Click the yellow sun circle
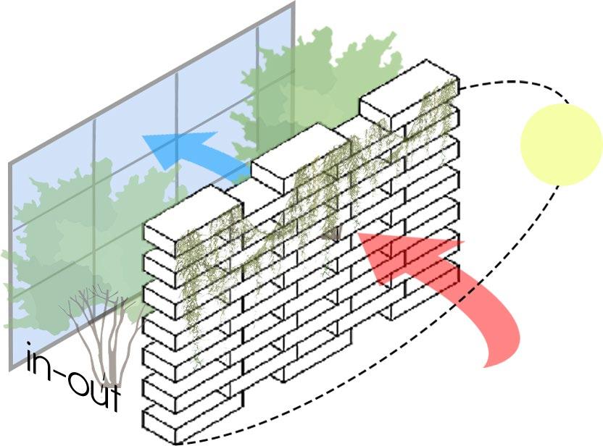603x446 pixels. pyautogui.click(x=561, y=144)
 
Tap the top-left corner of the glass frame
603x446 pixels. pyautogui.click(x=11, y=164)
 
